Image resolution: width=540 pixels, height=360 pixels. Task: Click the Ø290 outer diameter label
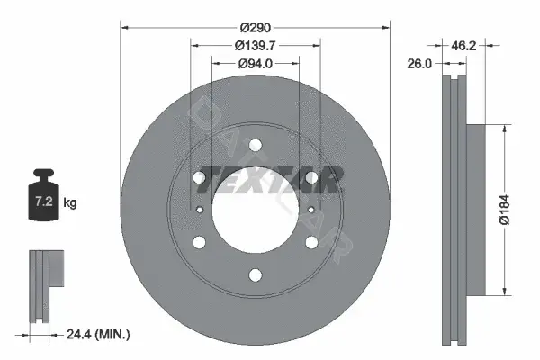point(256,28)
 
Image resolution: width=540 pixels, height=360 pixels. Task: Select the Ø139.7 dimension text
point(255,46)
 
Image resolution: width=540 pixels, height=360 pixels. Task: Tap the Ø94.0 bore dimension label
point(256,64)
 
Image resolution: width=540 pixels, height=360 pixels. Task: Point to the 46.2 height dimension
point(463,46)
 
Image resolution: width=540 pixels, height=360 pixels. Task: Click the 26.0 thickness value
point(419,64)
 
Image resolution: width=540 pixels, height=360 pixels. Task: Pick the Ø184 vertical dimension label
point(505,210)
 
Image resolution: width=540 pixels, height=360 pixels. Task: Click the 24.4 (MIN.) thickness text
point(98,334)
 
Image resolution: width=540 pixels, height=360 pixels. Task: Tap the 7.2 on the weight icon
point(44,202)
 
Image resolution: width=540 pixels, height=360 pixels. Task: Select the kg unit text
point(70,202)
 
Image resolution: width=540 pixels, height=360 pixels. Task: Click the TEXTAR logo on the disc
point(270,180)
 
